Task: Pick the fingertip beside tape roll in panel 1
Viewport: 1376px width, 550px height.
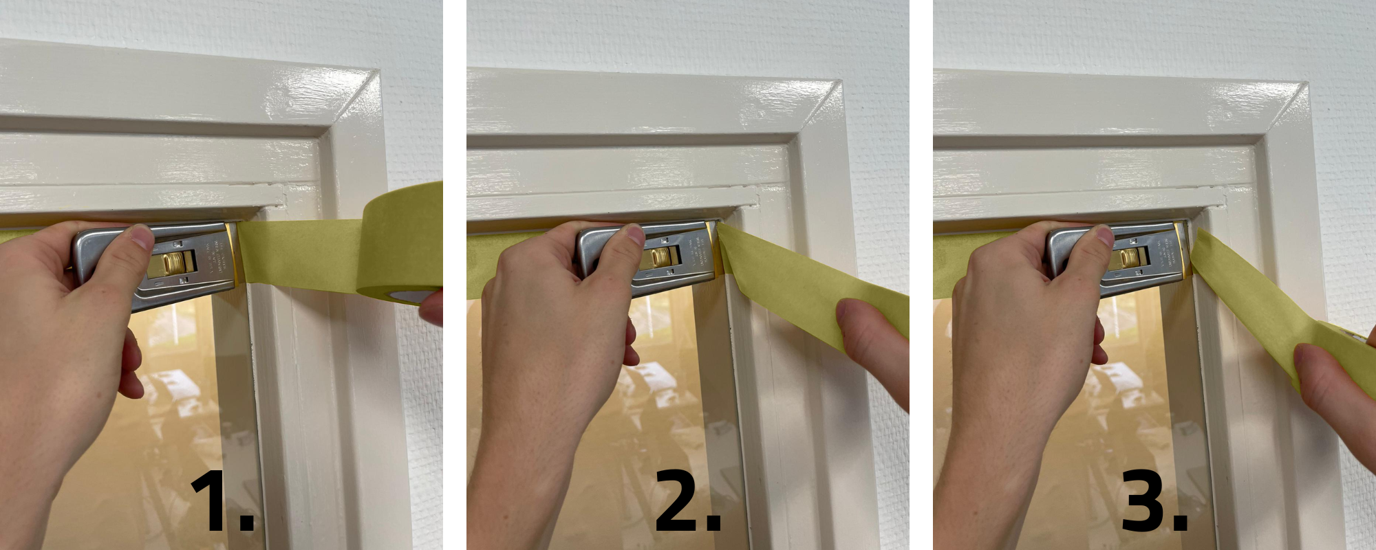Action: [x=432, y=308]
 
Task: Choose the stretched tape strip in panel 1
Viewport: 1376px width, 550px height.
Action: [x=303, y=251]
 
